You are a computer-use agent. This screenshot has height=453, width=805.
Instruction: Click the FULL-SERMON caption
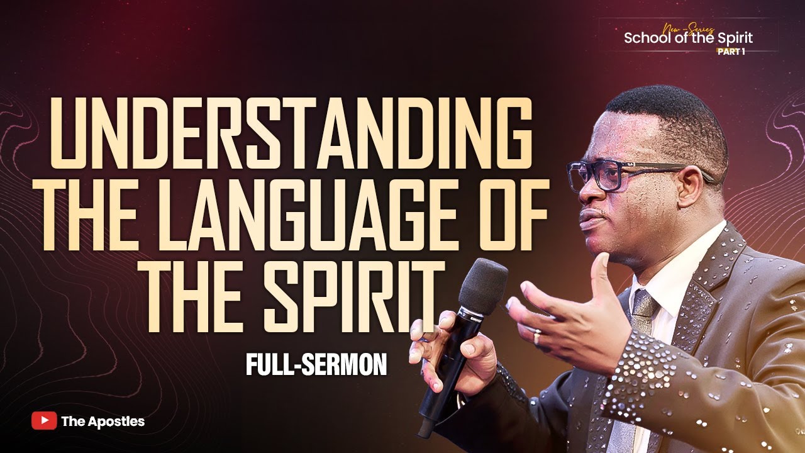316,366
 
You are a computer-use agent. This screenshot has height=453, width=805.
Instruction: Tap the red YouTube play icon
44,421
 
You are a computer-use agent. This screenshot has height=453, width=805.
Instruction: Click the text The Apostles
103,422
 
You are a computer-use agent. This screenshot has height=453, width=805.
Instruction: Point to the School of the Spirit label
688,38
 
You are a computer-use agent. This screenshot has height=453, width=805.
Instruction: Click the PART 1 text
731,52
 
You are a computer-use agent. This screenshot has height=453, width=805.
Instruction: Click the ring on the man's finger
538,337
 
